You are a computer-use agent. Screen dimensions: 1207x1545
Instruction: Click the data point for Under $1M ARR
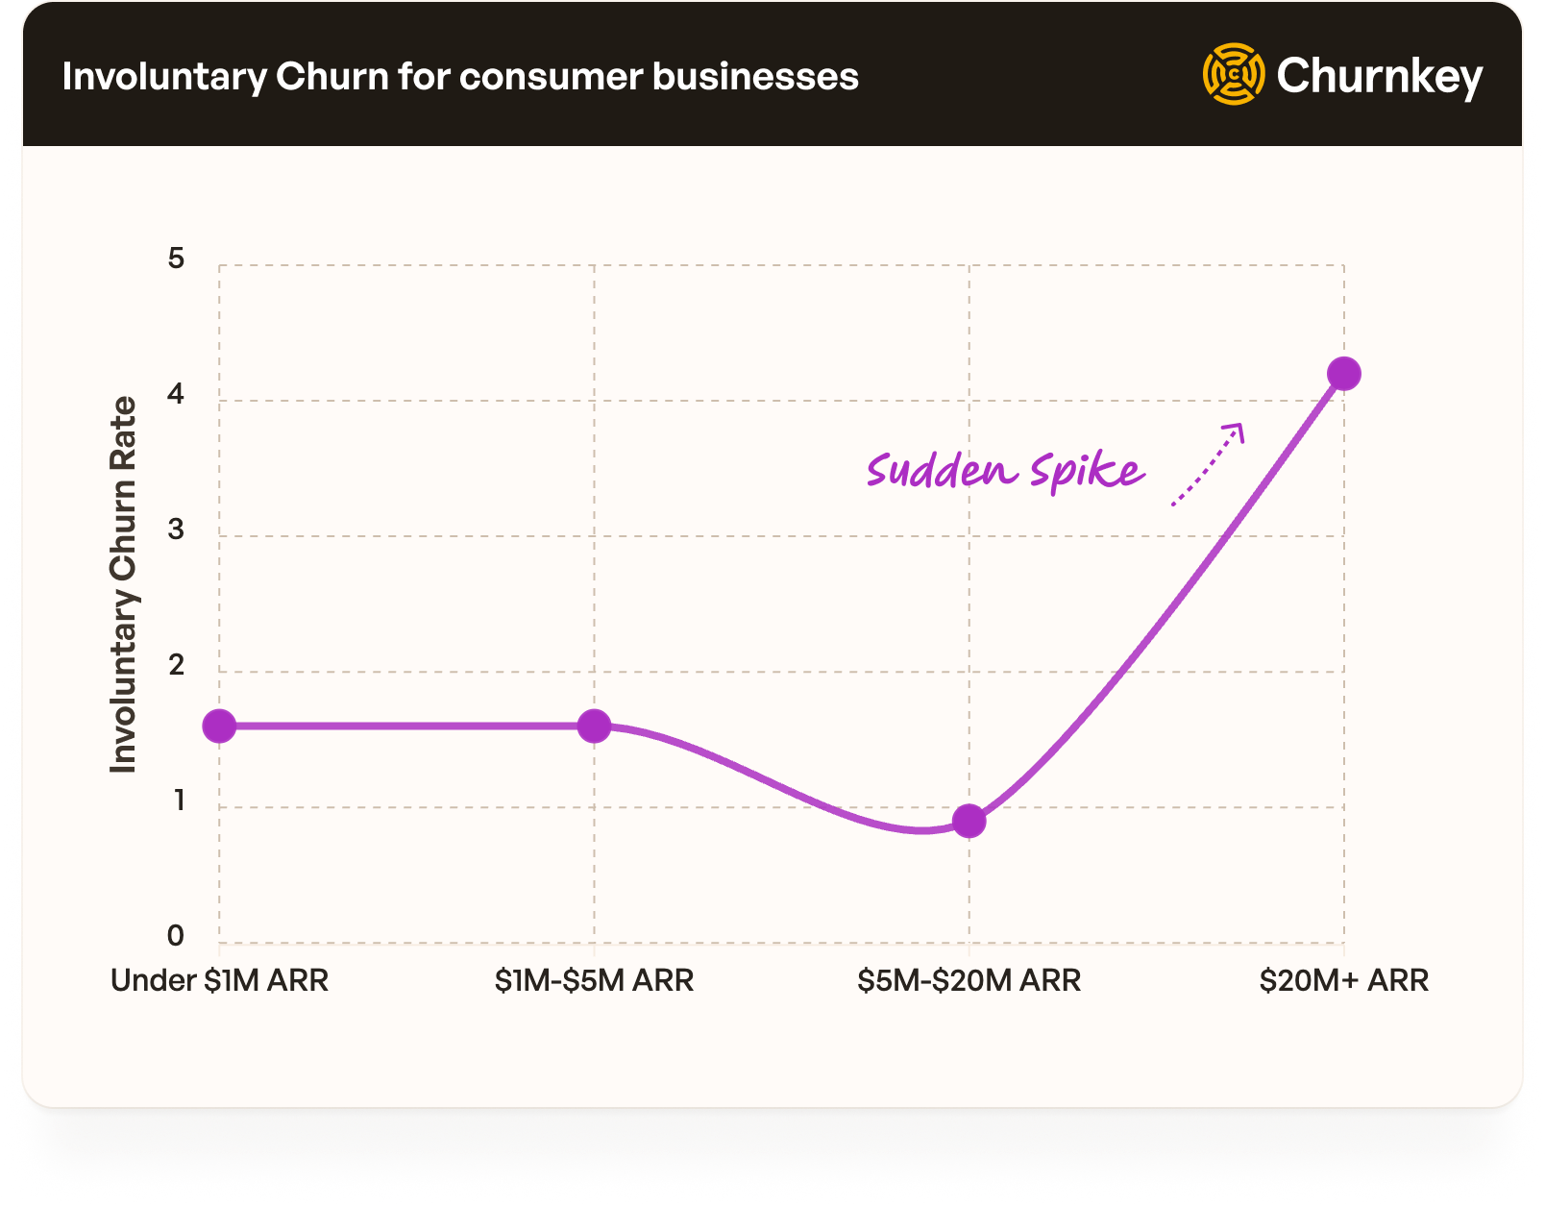click(x=219, y=727)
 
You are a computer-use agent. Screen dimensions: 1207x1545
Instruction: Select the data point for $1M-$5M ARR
click(x=594, y=727)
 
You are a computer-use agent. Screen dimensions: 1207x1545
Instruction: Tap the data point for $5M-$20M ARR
click(x=969, y=822)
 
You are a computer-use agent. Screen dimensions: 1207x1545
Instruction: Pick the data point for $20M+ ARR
click(x=1343, y=374)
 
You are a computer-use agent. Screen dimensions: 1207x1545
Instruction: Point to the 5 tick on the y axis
click(x=176, y=259)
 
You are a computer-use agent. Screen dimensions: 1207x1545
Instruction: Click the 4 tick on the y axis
click(x=176, y=394)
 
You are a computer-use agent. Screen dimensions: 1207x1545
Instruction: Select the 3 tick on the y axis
click(x=176, y=530)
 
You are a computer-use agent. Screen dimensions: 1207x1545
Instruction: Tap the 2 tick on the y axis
click(x=176, y=665)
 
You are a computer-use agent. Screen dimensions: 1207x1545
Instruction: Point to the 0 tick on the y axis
click(x=176, y=935)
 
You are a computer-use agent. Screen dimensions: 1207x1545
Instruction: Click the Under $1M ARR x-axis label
click(x=219, y=980)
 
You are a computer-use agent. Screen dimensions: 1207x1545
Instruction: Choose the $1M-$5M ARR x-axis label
click(x=594, y=980)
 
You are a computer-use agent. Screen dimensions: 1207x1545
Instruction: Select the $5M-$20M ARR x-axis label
click(x=969, y=980)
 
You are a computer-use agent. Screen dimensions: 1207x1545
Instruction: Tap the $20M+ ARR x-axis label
click(x=1343, y=980)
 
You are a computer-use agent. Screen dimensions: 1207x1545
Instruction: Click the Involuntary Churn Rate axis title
click(x=123, y=584)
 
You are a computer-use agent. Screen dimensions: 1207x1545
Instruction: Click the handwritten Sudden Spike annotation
click(x=1005, y=471)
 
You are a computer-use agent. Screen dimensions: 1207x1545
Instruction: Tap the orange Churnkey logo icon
click(x=1234, y=74)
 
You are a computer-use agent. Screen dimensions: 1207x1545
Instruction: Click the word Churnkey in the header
click(x=1380, y=76)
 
